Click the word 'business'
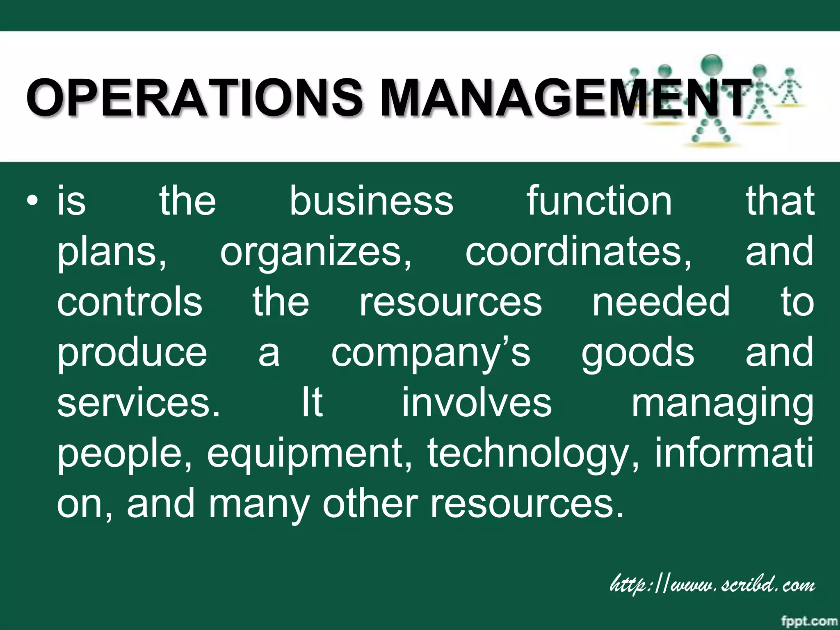tap(372, 201)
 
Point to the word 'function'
tap(599, 201)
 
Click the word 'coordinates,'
tap(578, 251)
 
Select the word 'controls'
tap(130, 302)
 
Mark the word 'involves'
tap(477, 403)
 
